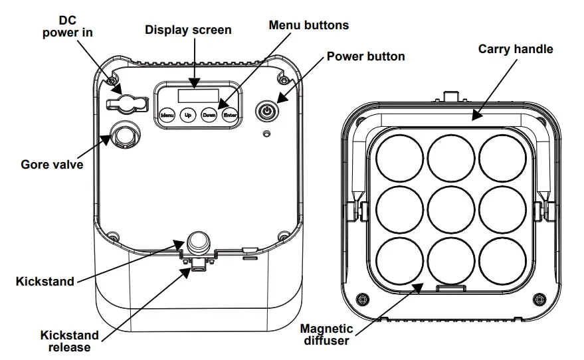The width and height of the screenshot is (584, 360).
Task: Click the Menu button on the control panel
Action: pos(167,115)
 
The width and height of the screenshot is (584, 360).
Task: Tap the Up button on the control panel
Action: pos(188,115)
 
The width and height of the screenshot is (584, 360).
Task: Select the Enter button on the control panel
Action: pos(230,115)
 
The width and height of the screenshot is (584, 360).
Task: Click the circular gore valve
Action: pos(124,135)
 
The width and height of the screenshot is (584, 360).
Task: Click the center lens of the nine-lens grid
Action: pos(452,210)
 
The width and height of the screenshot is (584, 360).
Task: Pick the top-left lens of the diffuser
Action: pos(399,157)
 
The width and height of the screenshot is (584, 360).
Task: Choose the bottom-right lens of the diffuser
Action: pos(503,261)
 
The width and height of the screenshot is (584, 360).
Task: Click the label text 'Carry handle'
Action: pos(516,49)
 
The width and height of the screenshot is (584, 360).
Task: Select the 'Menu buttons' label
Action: pos(309,25)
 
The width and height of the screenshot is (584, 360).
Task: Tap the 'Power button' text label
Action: pos(365,56)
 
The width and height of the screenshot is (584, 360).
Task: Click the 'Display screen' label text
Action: pos(189,30)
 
